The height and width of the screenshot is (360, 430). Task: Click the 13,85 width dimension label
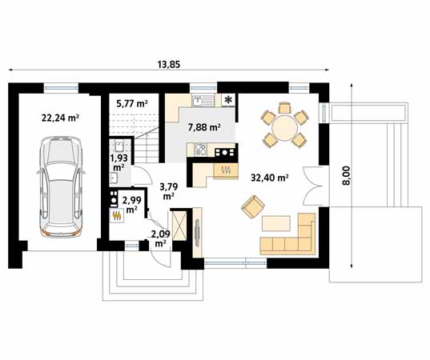[169, 64]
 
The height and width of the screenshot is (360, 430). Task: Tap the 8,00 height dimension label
[347, 176]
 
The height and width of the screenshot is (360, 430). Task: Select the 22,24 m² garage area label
[60, 118]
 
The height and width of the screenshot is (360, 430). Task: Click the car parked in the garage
[61, 187]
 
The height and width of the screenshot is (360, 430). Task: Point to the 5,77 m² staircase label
[132, 103]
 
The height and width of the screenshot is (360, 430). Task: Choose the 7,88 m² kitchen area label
[204, 127]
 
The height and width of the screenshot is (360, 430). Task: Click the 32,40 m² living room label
[270, 178]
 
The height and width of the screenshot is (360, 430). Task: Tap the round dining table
[284, 128]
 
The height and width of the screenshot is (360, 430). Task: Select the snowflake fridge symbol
[227, 100]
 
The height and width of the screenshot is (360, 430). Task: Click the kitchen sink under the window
[203, 101]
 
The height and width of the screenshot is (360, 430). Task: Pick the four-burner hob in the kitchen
[200, 150]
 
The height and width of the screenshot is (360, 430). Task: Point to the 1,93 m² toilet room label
[119, 162]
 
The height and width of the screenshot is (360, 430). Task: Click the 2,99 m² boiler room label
[132, 205]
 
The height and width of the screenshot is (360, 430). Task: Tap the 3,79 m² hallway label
[169, 191]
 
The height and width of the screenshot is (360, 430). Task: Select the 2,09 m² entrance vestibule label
[160, 238]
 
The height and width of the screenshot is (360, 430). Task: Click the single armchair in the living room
[253, 206]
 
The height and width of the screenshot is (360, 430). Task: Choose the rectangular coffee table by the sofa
[276, 223]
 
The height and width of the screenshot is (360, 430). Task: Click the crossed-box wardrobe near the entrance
[179, 226]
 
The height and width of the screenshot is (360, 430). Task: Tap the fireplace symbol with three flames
[226, 170]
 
